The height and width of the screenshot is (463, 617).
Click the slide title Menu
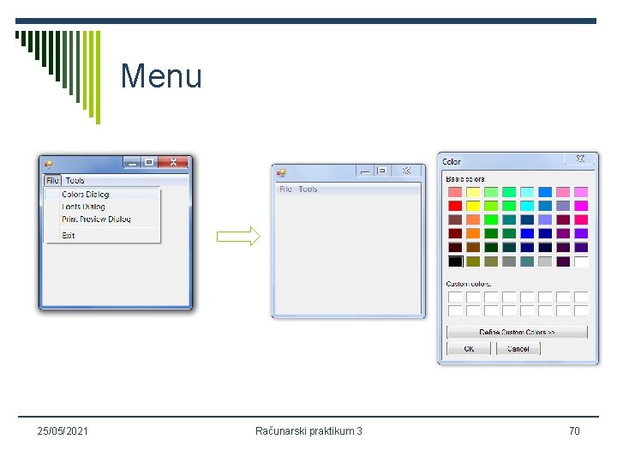click(161, 76)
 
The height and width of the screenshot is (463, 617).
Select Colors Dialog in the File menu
click(85, 195)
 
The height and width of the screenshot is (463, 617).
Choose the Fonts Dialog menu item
click(83, 207)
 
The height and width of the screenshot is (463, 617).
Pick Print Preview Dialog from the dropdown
click(96, 219)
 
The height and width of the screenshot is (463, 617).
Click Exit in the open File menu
click(69, 236)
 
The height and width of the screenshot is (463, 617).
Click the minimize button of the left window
click(132, 161)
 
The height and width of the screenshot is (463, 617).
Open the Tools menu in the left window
click(75, 181)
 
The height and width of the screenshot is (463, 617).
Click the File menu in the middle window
click(285, 189)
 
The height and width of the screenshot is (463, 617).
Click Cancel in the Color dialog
click(518, 349)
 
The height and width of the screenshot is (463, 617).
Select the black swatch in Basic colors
click(455, 262)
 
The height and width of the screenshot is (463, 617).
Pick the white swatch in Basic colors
click(581, 262)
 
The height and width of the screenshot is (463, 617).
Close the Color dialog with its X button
click(580, 159)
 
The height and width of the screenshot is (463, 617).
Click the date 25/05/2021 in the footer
click(63, 430)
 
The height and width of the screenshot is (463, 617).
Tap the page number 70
click(574, 430)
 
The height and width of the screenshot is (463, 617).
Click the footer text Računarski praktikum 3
click(308, 430)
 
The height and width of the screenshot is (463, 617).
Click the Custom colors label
click(469, 284)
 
